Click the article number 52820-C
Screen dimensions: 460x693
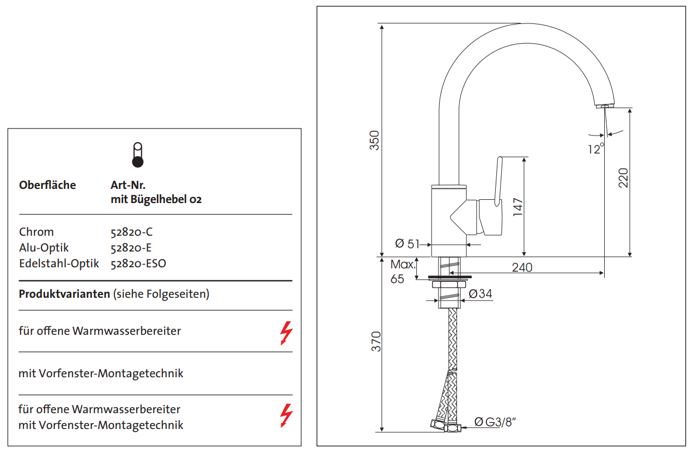click(131, 232)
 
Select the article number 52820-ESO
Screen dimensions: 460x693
click(138, 263)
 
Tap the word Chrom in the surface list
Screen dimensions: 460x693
click(36, 232)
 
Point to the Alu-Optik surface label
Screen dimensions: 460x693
click(44, 248)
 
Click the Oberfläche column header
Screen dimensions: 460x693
click(47, 185)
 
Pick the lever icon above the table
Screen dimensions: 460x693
click(138, 155)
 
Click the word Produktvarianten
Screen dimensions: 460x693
click(64, 295)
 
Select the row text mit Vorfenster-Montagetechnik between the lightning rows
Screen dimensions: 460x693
click(101, 373)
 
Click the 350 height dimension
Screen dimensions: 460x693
click(374, 140)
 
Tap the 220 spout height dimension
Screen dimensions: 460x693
click(623, 177)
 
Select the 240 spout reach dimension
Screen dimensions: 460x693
click(522, 267)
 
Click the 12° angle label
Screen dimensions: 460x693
click(595, 149)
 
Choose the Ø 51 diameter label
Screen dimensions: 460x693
click(408, 244)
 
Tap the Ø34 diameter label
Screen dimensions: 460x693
click(480, 294)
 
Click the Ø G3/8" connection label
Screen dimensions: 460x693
click(495, 421)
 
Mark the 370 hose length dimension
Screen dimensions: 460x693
click(376, 341)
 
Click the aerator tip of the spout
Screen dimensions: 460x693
click(604, 106)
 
